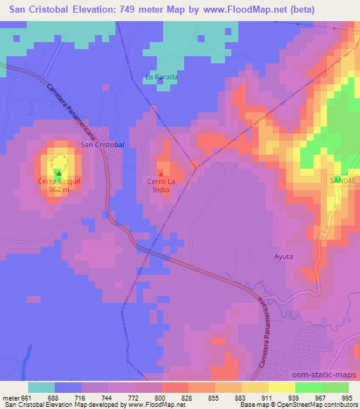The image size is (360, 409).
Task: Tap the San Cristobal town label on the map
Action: [103, 144]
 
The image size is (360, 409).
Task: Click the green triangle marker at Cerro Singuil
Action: [58, 173]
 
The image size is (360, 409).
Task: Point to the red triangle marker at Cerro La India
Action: [160, 173]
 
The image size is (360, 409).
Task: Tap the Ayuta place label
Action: [283, 257]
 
